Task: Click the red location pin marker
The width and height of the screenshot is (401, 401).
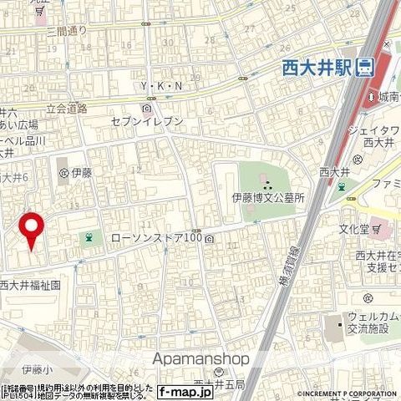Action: pos(31,228)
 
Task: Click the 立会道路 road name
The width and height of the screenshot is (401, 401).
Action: pos(66,108)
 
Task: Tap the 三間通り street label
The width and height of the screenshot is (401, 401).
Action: pos(67,32)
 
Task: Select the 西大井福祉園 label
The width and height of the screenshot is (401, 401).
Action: pos(30,285)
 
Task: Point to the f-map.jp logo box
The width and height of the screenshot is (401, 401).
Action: pos(185,390)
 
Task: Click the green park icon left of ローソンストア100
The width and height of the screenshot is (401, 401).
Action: pos(88,240)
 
